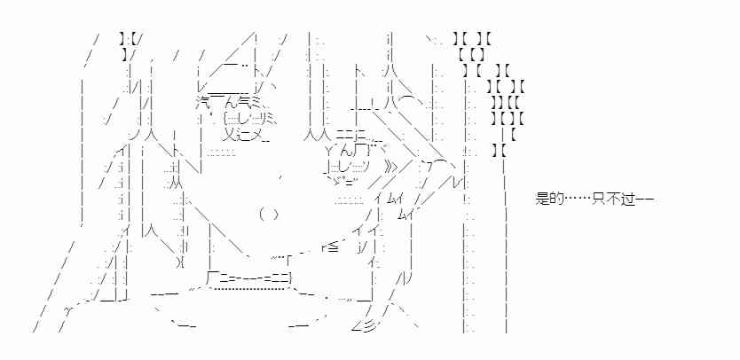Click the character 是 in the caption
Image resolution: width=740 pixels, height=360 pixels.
[x=544, y=199]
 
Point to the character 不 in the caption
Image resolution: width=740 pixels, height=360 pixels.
[x=615, y=199]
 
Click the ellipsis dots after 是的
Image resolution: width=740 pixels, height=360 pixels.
[x=579, y=199]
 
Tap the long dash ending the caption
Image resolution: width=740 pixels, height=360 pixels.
[x=645, y=199]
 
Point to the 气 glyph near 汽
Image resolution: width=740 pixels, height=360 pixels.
[x=244, y=100]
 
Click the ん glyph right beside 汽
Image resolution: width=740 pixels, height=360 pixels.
[x=228, y=100]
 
